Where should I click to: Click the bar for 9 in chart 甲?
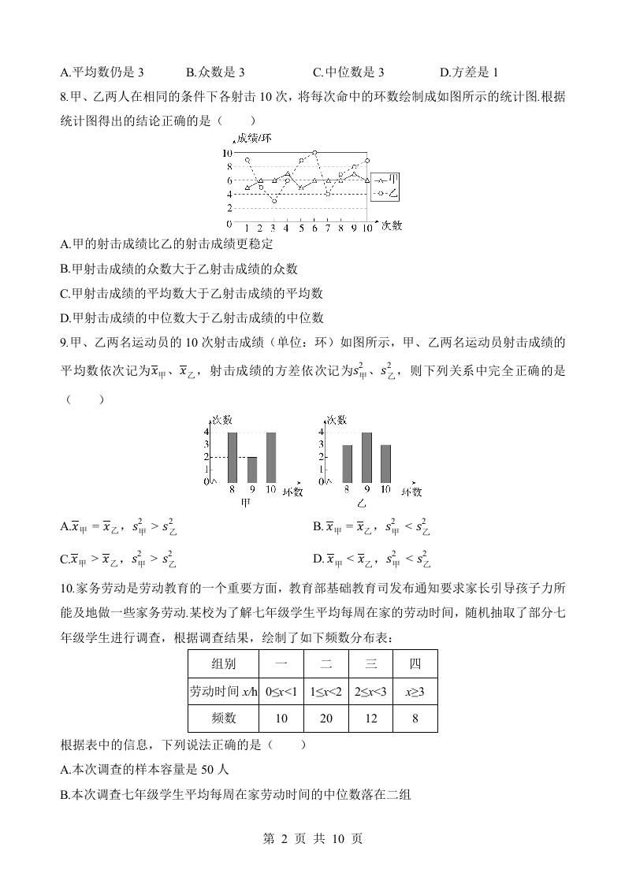point(252,470)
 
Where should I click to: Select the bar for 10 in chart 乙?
point(385,463)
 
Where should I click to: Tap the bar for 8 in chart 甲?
point(233,457)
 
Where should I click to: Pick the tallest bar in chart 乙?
point(366,457)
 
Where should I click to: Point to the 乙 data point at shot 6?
point(314,152)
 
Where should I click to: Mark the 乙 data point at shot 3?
point(274,202)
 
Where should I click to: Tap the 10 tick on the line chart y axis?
point(227,152)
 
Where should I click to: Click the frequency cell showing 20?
point(326,718)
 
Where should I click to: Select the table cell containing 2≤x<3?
point(370,691)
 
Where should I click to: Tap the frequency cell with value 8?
point(415,718)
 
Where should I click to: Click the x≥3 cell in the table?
point(415,691)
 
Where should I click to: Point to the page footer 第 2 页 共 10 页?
point(312,839)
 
